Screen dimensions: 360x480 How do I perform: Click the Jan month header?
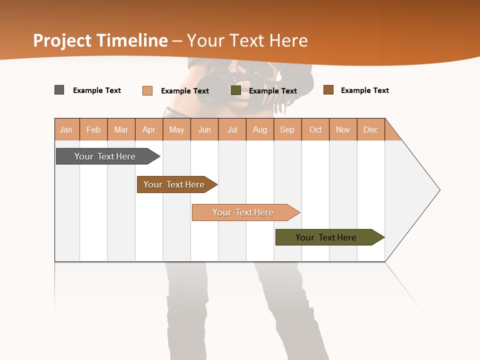point(66,129)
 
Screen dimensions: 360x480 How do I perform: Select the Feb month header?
point(93,129)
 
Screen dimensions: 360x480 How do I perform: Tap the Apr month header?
point(149,129)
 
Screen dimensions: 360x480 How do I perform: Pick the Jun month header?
point(204,129)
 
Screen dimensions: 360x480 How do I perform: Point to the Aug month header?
point(260,129)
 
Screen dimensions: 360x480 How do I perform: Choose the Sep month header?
point(287,129)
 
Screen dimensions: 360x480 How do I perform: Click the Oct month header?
point(315,129)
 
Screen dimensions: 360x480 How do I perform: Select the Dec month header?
point(371,129)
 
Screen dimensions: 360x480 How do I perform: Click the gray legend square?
point(59,90)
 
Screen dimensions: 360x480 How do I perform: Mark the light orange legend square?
point(147,90)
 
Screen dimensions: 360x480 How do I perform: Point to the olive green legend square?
point(236,90)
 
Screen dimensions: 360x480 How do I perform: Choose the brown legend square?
point(328,90)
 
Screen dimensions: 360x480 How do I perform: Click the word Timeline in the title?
point(132,40)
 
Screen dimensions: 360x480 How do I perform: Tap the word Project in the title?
point(62,40)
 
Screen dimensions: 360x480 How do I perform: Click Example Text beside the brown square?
point(364,90)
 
